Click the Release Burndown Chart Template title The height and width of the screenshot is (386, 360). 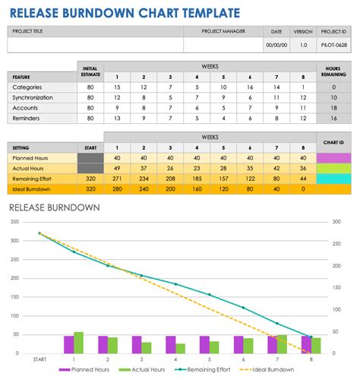[x=125, y=12]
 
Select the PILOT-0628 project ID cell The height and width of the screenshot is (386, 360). [x=333, y=46]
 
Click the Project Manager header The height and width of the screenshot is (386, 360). [x=223, y=31]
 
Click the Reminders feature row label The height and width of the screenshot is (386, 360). [x=38, y=119]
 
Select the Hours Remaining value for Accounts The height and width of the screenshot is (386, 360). [x=333, y=109]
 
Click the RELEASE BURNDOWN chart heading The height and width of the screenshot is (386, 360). [x=55, y=207]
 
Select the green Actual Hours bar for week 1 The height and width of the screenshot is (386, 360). [x=79, y=343]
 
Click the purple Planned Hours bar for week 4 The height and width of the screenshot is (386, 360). [x=171, y=345]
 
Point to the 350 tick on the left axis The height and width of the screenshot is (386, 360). [x=15, y=222]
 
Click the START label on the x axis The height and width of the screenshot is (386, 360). [x=40, y=359]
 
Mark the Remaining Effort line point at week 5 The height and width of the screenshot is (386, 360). [x=210, y=295]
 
